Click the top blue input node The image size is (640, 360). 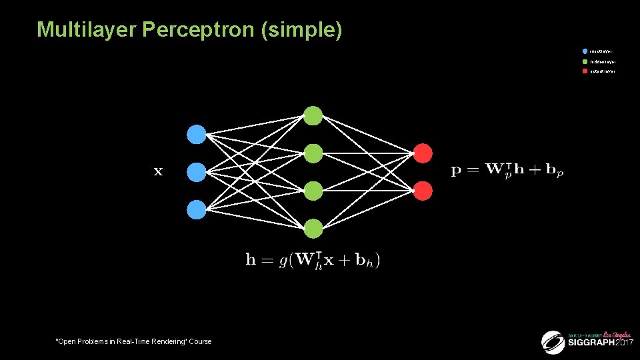pos(196,135)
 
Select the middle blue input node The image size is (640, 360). pos(196,173)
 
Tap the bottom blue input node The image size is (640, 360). pos(196,210)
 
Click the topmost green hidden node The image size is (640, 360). pos(313,115)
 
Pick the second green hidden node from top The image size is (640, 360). pos(313,153)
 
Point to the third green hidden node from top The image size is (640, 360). pos(313,191)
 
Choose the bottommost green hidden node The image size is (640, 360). pos(313,229)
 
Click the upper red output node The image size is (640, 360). pos(423,153)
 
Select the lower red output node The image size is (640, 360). pos(423,191)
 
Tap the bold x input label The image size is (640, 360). pos(158,172)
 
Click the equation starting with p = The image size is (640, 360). pos(507,171)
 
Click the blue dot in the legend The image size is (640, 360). pos(585,51)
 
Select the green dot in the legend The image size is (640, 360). pos(585,61)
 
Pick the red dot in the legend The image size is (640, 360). pos(585,71)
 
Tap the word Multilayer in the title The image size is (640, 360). pos(82,30)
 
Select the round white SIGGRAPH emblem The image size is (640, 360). pos(553,342)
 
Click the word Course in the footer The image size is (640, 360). pos(199,341)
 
